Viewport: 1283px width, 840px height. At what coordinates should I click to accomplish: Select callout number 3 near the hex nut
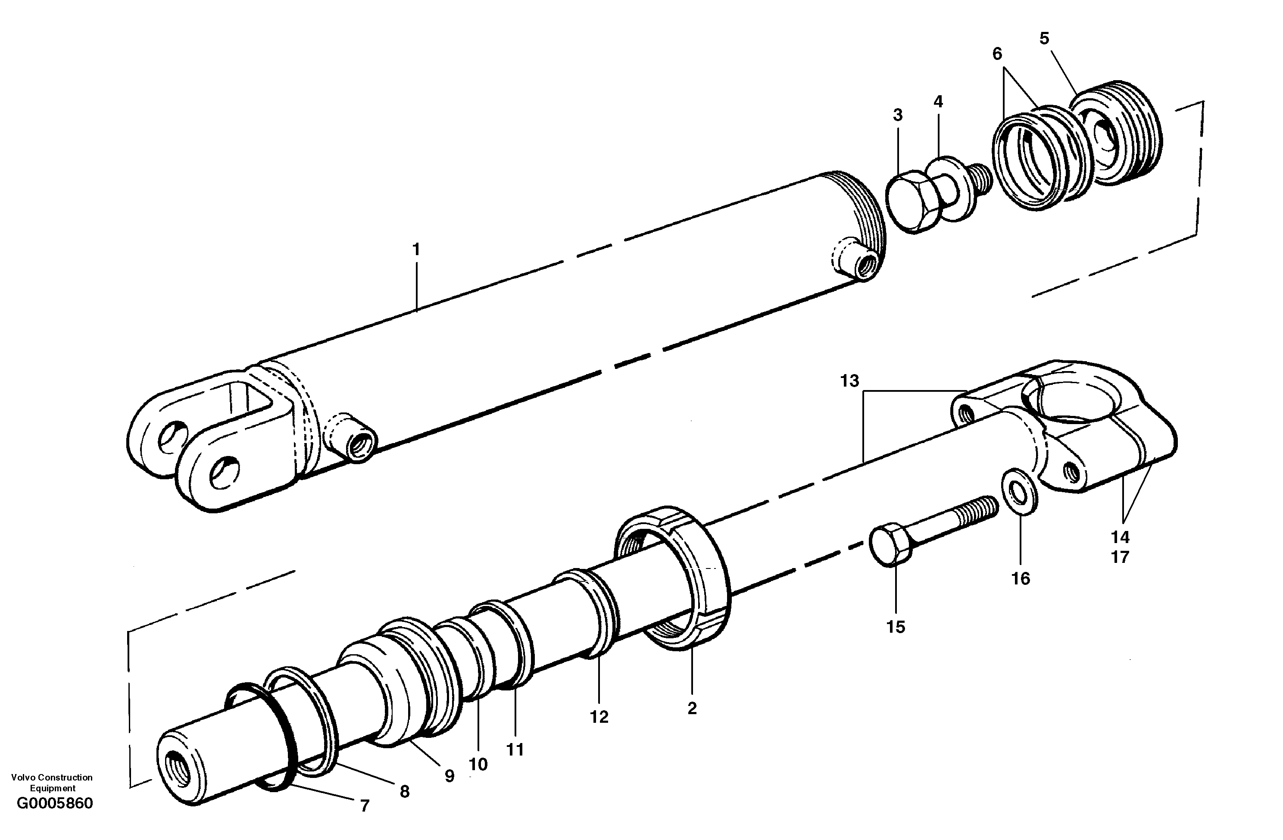point(898,115)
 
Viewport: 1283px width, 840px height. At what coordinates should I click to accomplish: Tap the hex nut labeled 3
point(911,202)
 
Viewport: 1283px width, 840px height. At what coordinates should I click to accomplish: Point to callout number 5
point(1044,39)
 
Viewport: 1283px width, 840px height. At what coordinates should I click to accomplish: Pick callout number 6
point(997,54)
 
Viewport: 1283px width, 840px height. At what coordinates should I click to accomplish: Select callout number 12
point(599,717)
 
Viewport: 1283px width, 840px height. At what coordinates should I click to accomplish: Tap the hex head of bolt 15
point(890,546)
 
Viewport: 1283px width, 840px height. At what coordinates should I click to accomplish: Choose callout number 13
point(849,381)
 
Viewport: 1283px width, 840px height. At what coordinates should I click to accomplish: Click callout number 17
point(1120,557)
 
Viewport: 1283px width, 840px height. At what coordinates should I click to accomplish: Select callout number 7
point(365,806)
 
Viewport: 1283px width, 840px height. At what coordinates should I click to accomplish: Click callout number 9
point(449,776)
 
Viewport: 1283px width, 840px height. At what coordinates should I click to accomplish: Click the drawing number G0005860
point(55,804)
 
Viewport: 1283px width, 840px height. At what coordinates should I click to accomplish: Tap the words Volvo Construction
point(52,778)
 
